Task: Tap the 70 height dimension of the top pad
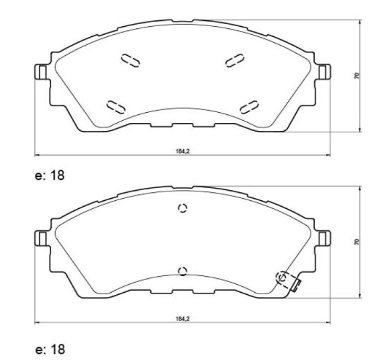click(356, 76)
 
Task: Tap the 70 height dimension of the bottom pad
click(356, 242)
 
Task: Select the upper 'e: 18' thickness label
click(50, 175)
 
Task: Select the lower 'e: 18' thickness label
click(50, 349)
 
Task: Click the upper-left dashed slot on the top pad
click(130, 60)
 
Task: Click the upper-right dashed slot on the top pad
click(234, 60)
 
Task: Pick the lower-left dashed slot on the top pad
click(115, 107)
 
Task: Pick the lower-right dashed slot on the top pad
click(249, 107)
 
